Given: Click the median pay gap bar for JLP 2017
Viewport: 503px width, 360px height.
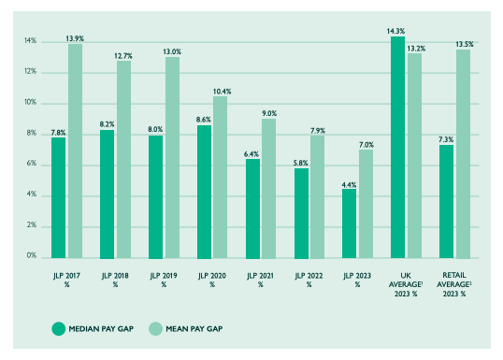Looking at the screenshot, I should [59, 196].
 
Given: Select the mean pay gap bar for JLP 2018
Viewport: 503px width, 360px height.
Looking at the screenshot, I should [123, 159].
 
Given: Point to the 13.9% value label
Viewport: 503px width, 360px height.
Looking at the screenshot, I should [76, 38].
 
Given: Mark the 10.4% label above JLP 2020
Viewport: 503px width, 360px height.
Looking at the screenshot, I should [221, 91].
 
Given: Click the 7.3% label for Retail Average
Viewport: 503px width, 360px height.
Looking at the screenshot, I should [446, 139].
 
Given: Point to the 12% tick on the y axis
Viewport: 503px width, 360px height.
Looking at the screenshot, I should [30, 72].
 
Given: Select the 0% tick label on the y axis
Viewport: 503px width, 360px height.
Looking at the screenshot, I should [31, 255].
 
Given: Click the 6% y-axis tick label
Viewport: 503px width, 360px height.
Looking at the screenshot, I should [31, 164].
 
